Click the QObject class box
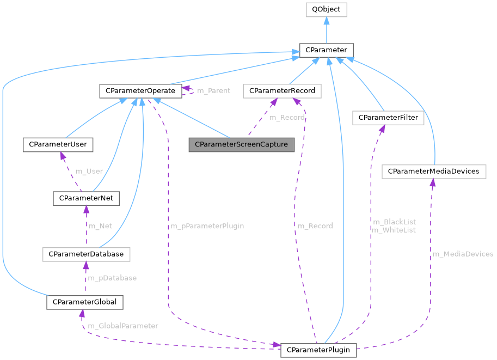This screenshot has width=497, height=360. (x=326, y=9)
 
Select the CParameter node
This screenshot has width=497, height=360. (x=326, y=50)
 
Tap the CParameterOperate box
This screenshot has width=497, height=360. (x=140, y=90)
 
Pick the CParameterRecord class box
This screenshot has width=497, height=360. (x=282, y=90)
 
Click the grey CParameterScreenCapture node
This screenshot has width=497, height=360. (x=241, y=145)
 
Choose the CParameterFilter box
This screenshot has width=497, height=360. (x=388, y=118)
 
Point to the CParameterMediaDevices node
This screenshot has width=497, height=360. (x=434, y=172)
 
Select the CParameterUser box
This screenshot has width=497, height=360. (x=58, y=145)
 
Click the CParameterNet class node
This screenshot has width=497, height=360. (x=85, y=198)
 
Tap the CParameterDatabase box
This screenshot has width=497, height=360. (x=86, y=254)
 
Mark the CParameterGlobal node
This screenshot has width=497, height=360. (x=85, y=302)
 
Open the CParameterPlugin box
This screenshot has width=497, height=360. (x=318, y=349)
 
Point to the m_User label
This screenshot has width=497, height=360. (x=89, y=171)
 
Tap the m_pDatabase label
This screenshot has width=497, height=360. (x=112, y=278)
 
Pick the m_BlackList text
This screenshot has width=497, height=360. (x=394, y=222)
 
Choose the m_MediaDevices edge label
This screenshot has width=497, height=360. (x=463, y=254)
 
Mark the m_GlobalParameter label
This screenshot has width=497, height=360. (x=122, y=326)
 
